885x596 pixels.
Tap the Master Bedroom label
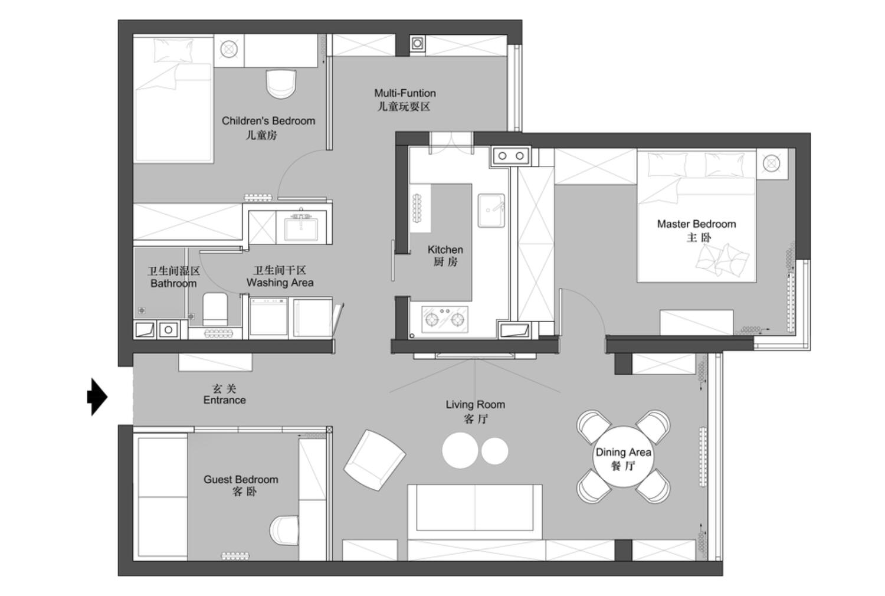697,224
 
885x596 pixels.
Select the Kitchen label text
445,250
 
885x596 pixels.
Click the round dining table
623,457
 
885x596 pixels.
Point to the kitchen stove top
444,319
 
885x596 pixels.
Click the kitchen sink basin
491,210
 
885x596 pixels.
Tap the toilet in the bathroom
215,309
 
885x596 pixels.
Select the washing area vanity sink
301,228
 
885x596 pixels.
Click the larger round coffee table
460,451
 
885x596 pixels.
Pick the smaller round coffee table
494,451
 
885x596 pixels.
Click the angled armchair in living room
374,460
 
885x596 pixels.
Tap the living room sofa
475,512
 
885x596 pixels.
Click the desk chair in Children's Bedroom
281,84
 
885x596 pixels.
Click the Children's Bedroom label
268,121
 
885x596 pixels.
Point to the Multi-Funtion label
405,93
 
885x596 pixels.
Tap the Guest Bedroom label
241,479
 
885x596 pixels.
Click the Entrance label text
224,400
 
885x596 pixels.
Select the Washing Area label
280,283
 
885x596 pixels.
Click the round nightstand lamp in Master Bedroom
771,163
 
